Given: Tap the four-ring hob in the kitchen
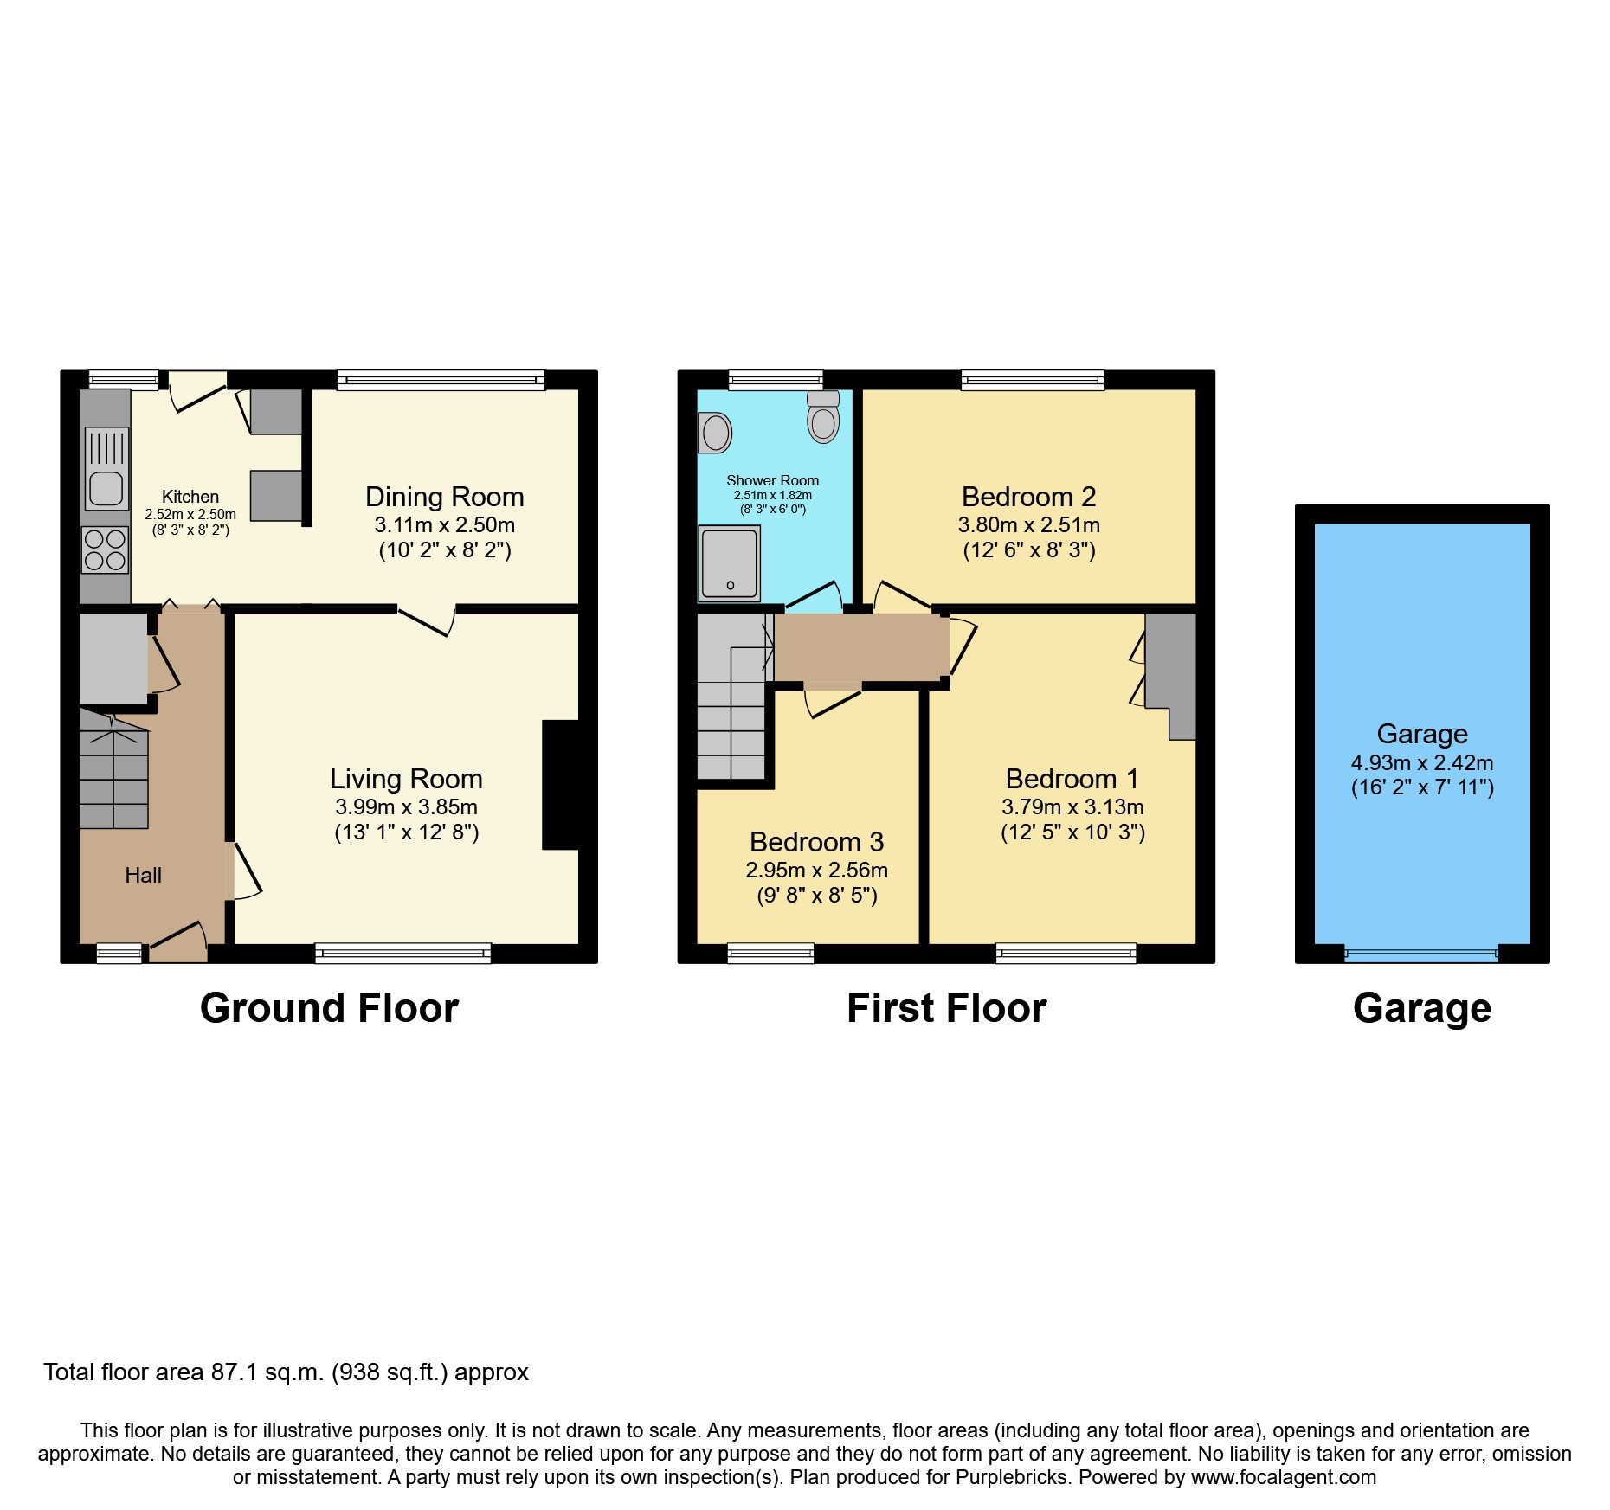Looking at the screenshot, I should click(105, 550).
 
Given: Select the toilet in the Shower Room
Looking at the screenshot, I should click(823, 417).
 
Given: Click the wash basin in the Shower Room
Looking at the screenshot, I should click(715, 433).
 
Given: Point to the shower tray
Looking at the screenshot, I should click(729, 563).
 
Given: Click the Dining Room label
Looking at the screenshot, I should click(444, 497).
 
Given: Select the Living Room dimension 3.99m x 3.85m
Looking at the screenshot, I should click(406, 807).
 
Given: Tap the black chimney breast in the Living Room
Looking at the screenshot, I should click(560, 785).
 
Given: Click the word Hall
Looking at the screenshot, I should click(143, 876).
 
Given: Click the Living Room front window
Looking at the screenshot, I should click(402, 954).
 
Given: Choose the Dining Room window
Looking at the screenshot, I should click(441, 380).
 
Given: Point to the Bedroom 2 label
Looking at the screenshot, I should click(1028, 497).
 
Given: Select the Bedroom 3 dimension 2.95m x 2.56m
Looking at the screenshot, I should click(816, 871).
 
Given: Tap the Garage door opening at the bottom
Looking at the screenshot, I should click(1420, 955).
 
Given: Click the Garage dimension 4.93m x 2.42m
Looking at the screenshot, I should click(1421, 763).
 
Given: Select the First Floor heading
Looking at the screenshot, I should click(946, 1009).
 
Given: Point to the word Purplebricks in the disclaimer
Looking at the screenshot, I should click(1011, 1478).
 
